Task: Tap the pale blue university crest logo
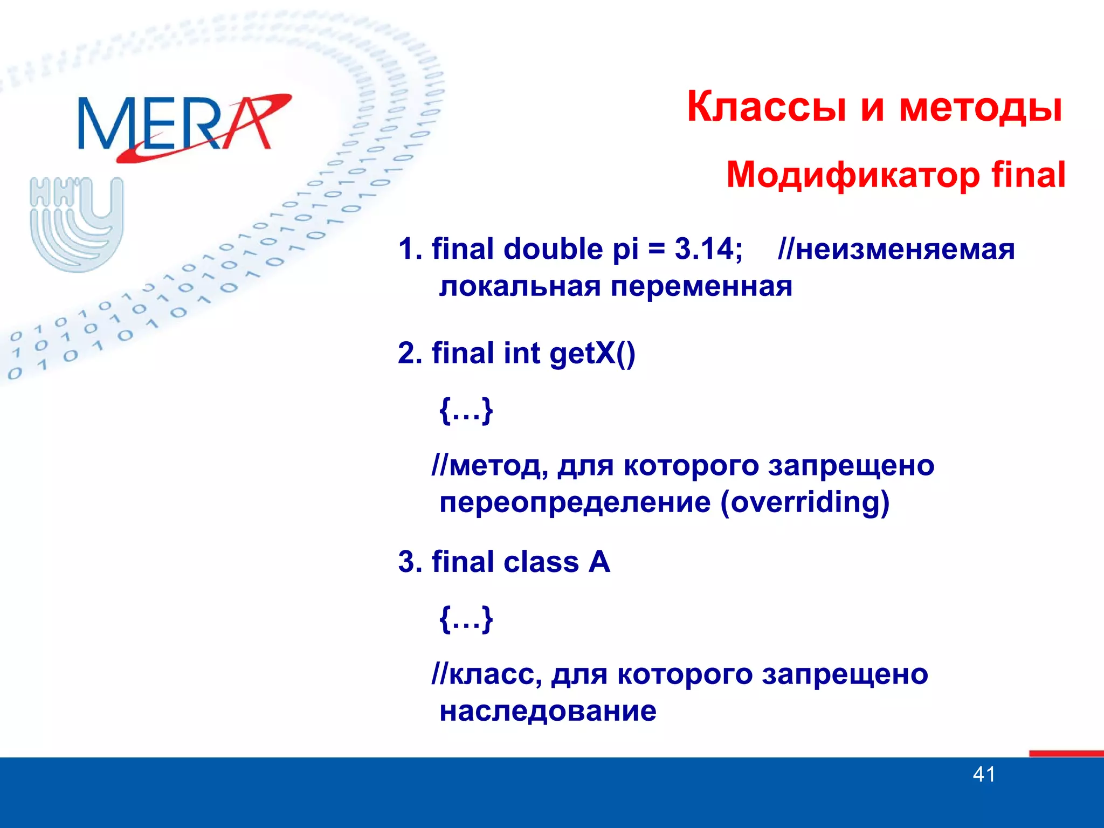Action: coord(77,224)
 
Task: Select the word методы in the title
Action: coord(981,107)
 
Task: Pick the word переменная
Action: coord(701,286)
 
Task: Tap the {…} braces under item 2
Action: coord(466,410)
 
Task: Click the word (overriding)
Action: coord(804,502)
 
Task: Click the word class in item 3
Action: coord(541,562)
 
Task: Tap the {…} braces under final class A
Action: coord(466,619)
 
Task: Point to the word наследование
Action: coord(548,710)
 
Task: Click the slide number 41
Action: coord(984,775)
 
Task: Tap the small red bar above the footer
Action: coord(1066,753)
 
